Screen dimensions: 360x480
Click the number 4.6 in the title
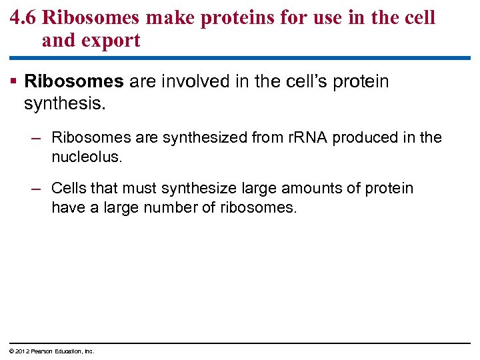(x=23, y=17)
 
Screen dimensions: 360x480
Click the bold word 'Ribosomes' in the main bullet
(x=74, y=81)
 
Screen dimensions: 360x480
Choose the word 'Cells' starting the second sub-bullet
(x=69, y=189)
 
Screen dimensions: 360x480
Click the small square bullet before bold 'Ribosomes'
(x=15, y=81)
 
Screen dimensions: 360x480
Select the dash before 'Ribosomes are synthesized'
(x=37, y=137)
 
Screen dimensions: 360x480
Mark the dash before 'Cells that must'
(x=37, y=189)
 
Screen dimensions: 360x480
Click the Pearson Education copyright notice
(x=51, y=351)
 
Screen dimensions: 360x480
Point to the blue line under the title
(x=240, y=58)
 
